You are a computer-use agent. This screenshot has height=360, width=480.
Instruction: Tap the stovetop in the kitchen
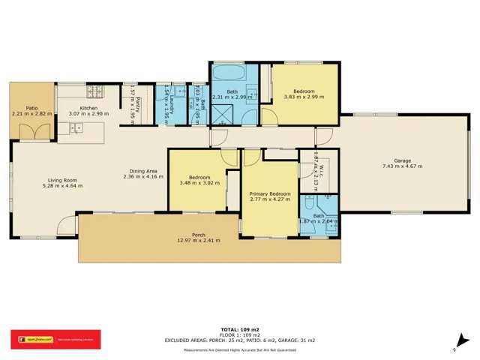(95, 93)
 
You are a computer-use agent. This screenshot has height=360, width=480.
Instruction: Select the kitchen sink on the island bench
(76, 129)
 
